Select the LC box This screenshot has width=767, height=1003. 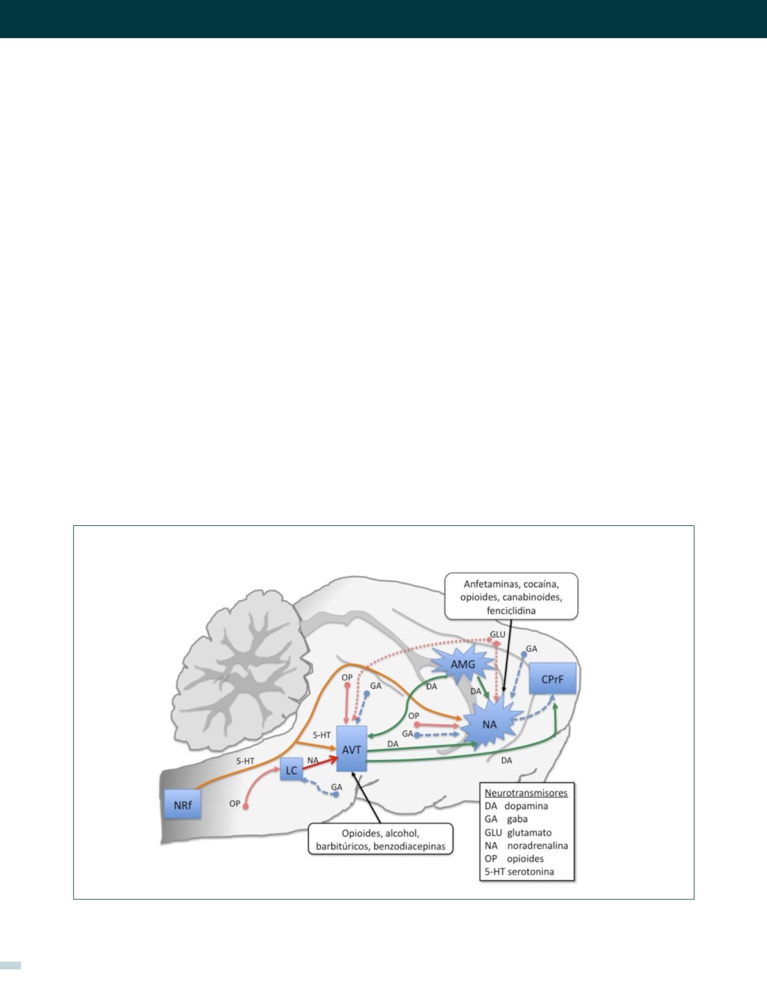click(x=291, y=770)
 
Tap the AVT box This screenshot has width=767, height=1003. click(x=351, y=749)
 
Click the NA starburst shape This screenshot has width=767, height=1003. click(x=489, y=724)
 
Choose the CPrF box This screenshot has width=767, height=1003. click(x=552, y=679)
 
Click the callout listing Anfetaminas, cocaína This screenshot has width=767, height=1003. click(x=511, y=597)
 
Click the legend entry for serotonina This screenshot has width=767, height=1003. click(x=519, y=871)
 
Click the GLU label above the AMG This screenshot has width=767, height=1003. click(x=498, y=634)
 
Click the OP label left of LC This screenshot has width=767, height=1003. click(x=235, y=803)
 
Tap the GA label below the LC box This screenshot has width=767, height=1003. click(x=337, y=787)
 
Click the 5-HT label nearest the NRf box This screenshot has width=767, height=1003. click(x=245, y=760)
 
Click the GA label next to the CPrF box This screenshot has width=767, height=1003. click(x=531, y=648)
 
